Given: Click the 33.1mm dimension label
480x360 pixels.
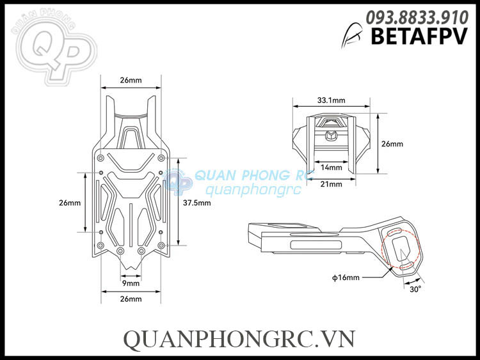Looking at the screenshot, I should pos(331,100).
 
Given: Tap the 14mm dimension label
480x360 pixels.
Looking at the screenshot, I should pos(331,168).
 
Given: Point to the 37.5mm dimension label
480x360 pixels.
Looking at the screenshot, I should pos(196,203).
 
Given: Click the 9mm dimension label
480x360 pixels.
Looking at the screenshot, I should pos(131,283).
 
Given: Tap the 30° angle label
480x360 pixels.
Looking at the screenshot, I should pos(415,289).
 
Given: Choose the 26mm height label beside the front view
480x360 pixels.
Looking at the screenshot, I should pos(392,144).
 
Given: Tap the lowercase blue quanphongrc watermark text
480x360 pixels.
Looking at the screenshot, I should pos(246,190).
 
